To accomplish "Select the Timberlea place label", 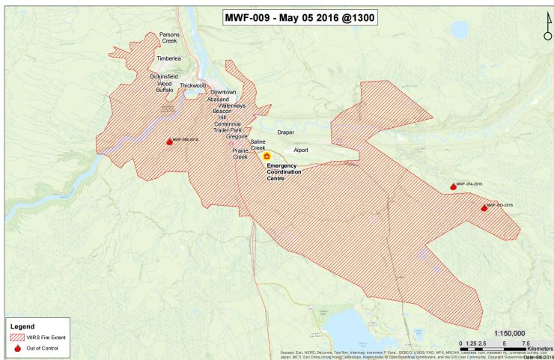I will coord(168,58).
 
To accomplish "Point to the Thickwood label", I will coord(192,85).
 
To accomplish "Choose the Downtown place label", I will coord(223,92).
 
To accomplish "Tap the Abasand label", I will coord(218,99).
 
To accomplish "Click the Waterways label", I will coord(232,106).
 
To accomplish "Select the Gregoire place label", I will coord(237,137).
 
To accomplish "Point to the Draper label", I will coord(286,132).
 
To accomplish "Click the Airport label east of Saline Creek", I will coord(301,150).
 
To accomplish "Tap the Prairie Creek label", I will coord(240,153).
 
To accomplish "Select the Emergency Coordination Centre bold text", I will coord(282,172).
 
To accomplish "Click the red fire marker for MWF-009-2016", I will coord(169,141).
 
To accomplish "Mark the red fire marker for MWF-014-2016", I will coord(453,186).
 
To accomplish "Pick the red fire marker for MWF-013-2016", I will coord(484,207).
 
